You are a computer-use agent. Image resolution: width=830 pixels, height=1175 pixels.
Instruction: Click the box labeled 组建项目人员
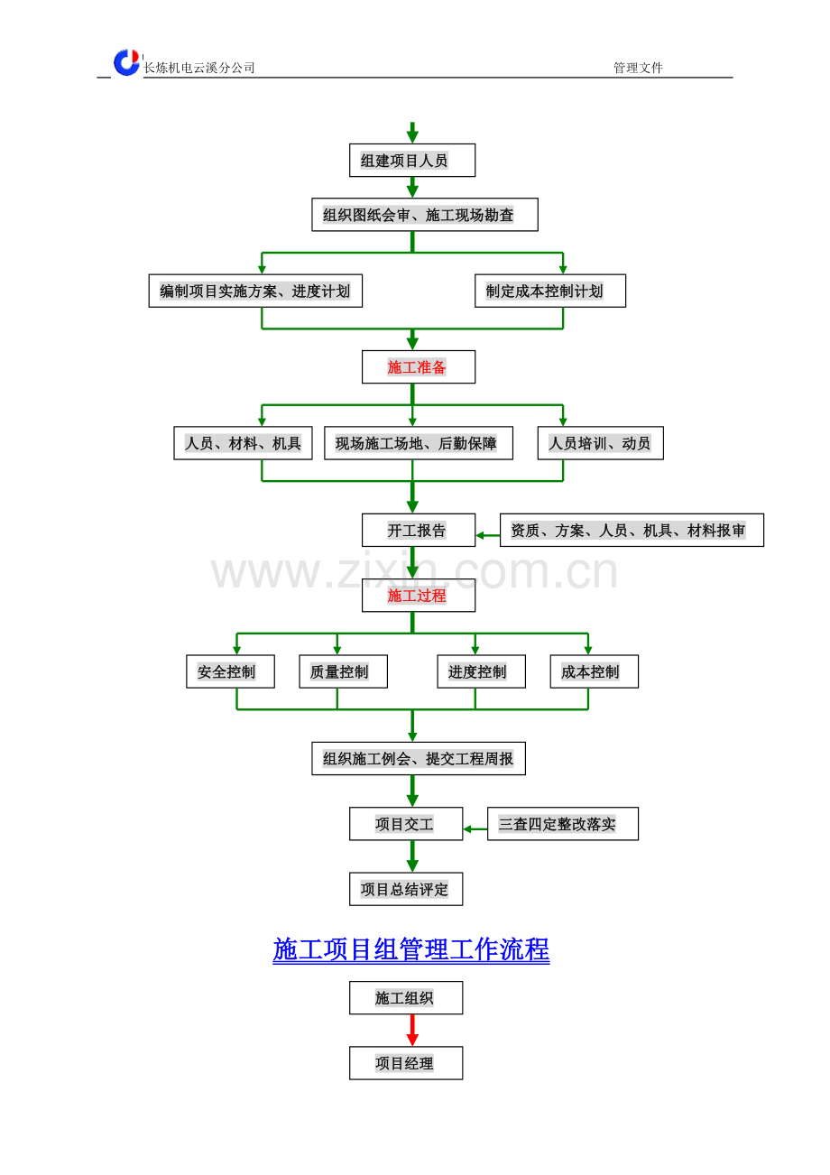pyautogui.click(x=412, y=160)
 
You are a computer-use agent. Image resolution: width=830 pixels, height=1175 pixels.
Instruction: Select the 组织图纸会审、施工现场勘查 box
pyautogui.click(x=425, y=215)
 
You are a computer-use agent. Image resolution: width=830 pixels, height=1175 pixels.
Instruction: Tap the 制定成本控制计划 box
pyautogui.click(x=550, y=291)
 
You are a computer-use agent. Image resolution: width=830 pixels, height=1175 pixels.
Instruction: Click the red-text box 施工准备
pyautogui.click(x=419, y=366)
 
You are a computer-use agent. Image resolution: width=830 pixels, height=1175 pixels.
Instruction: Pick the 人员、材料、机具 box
pyautogui.click(x=243, y=443)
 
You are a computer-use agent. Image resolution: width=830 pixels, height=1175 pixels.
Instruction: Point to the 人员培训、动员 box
pyautogui.click(x=600, y=443)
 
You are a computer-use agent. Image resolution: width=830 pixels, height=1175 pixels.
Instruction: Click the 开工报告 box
pyautogui.click(x=419, y=530)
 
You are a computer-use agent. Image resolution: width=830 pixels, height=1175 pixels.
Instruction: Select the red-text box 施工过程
pyautogui.click(x=419, y=596)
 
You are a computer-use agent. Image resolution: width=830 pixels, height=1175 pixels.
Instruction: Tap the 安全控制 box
pyautogui.click(x=230, y=671)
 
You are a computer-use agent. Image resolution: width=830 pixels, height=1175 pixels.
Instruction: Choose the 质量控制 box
pyautogui.click(x=343, y=671)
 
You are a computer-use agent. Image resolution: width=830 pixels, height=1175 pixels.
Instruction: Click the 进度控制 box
pyautogui.click(x=482, y=671)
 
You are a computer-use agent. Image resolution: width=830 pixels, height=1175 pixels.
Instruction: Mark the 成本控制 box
pyautogui.click(x=594, y=671)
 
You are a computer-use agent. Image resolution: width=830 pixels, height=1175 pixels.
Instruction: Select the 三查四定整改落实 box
pyautogui.click(x=563, y=824)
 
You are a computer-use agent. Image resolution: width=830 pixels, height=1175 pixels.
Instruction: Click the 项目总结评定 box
pyautogui.click(x=406, y=889)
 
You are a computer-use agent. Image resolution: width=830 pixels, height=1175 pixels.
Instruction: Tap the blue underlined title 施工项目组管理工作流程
pyautogui.click(x=411, y=949)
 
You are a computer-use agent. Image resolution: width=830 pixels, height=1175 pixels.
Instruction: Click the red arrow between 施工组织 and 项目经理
pyautogui.click(x=412, y=1031)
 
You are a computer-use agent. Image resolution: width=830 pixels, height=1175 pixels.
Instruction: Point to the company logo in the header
pyautogui.click(x=127, y=62)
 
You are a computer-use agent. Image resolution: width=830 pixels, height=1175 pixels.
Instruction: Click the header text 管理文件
pyautogui.click(x=638, y=68)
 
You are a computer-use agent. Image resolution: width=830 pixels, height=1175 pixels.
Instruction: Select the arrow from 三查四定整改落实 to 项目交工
pyautogui.click(x=475, y=828)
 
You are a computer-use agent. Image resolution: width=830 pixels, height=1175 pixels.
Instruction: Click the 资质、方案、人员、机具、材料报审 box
pyautogui.click(x=632, y=530)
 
